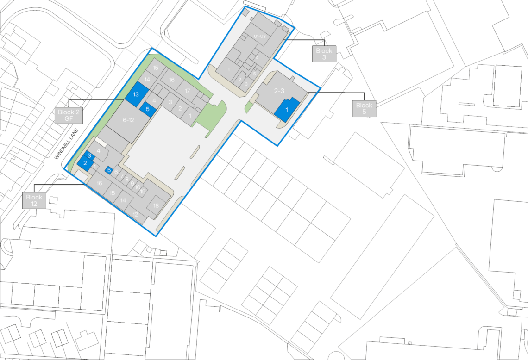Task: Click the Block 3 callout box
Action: pos(324,54)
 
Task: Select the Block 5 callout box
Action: pos(364,108)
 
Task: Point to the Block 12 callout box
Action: pos(34,200)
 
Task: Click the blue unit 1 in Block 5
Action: pos(287,111)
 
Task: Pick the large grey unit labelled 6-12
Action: pos(128,120)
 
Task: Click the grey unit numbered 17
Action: pos(187,91)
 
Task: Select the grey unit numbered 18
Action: pos(156,205)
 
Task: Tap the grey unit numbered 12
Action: pos(135,214)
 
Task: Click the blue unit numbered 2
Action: pos(85,163)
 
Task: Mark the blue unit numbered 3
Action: pos(89,155)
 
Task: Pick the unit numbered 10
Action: pos(138,187)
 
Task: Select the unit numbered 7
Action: pos(122,176)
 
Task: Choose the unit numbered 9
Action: pos(132,184)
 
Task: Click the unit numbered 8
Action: pos(127,180)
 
